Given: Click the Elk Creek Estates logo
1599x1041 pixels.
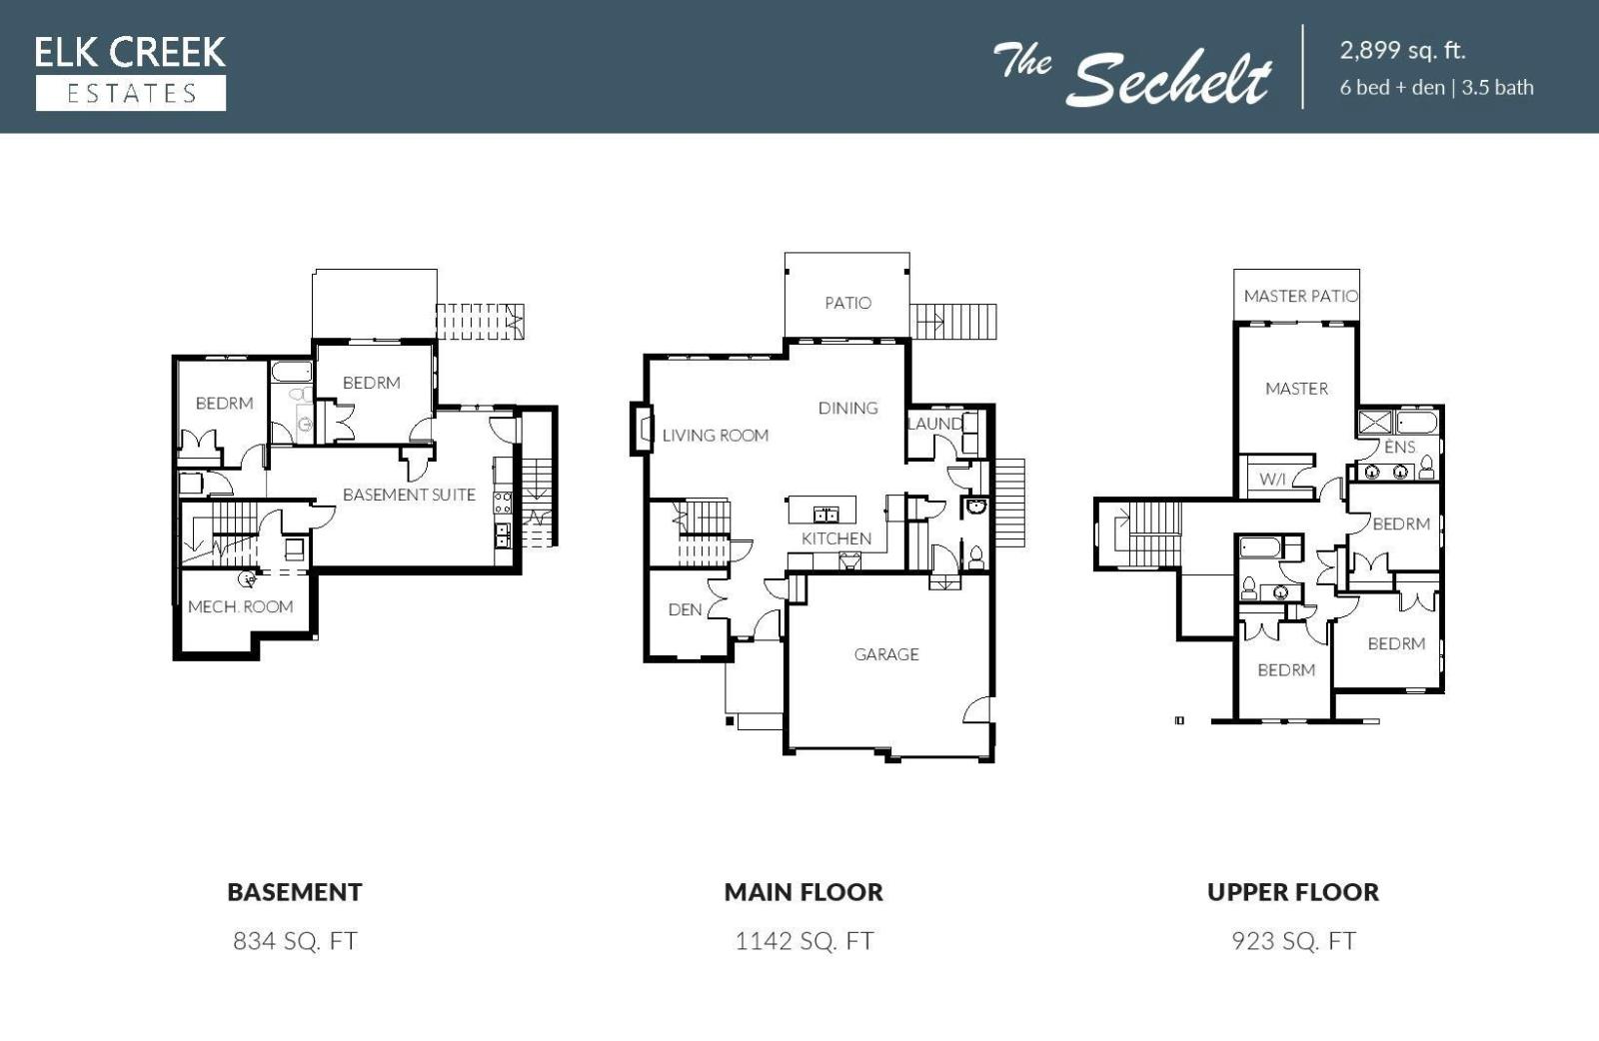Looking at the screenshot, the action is tap(131, 73).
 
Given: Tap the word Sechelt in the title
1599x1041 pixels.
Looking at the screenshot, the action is tap(1169, 79).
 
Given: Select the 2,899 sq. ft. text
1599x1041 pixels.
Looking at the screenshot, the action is tap(1403, 50).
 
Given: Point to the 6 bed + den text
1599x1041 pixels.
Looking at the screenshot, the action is tap(1392, 88).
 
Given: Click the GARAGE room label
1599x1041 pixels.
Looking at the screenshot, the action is tap(885, 654).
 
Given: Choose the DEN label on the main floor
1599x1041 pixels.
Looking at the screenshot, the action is tap(685, 609).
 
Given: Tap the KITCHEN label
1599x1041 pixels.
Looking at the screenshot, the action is tap(835, 538).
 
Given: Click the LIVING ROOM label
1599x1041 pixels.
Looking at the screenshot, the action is tap(716, 436).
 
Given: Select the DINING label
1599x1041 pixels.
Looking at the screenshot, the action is tap(848, 409).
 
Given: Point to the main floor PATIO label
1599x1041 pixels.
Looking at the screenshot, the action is tap(848, 303).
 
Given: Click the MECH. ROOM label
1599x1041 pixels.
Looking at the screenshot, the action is tap(241, 606).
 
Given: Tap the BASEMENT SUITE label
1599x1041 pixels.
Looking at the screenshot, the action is tap(409, 495).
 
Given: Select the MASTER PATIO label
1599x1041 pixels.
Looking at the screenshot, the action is tap(1300, 296).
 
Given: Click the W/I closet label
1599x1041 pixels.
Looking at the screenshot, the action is tap(1272, 479).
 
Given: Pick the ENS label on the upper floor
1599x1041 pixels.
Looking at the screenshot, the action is tap(1399, 448).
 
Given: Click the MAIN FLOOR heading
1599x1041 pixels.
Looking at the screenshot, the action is tap(803, 892).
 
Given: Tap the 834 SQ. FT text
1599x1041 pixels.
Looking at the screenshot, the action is tap(295, 941).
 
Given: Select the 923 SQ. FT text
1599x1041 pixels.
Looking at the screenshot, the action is tap(1293, 941).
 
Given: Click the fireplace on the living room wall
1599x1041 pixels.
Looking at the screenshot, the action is tap(642, 430).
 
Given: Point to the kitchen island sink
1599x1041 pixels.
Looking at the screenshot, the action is tap(825, 514).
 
